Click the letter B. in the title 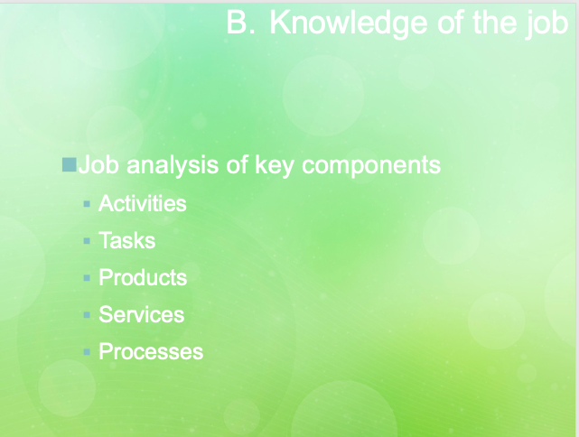click(x=241, y=23)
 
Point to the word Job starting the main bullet click(x=99, y=166)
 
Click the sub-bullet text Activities click(x=143, y=204)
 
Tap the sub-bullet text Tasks click(x=127, y=241)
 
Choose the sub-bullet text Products click(x=143, y=278)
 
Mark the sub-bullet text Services click(x=141, y=315)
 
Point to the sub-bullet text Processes click(x=151, y=352)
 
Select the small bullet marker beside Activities click(x=87, y=204)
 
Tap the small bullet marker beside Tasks click(x=87, y=241)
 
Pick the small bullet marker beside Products click(x=87, y=278)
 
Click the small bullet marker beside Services click(x=87, y=315)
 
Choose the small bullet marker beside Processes click(x=87, y=352)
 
